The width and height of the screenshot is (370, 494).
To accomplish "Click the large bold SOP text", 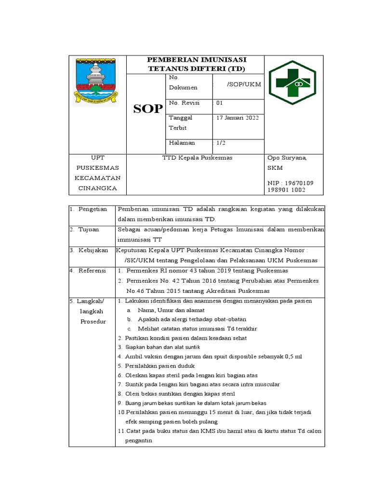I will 148,110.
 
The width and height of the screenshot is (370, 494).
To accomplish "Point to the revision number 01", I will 220,103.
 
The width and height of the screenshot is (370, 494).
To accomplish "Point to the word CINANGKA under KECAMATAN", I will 98,188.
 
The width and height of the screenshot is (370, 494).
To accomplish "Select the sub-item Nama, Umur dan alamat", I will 171,310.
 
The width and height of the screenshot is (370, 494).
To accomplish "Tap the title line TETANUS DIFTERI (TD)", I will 196,69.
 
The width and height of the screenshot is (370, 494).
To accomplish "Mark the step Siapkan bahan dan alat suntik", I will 159,347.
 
